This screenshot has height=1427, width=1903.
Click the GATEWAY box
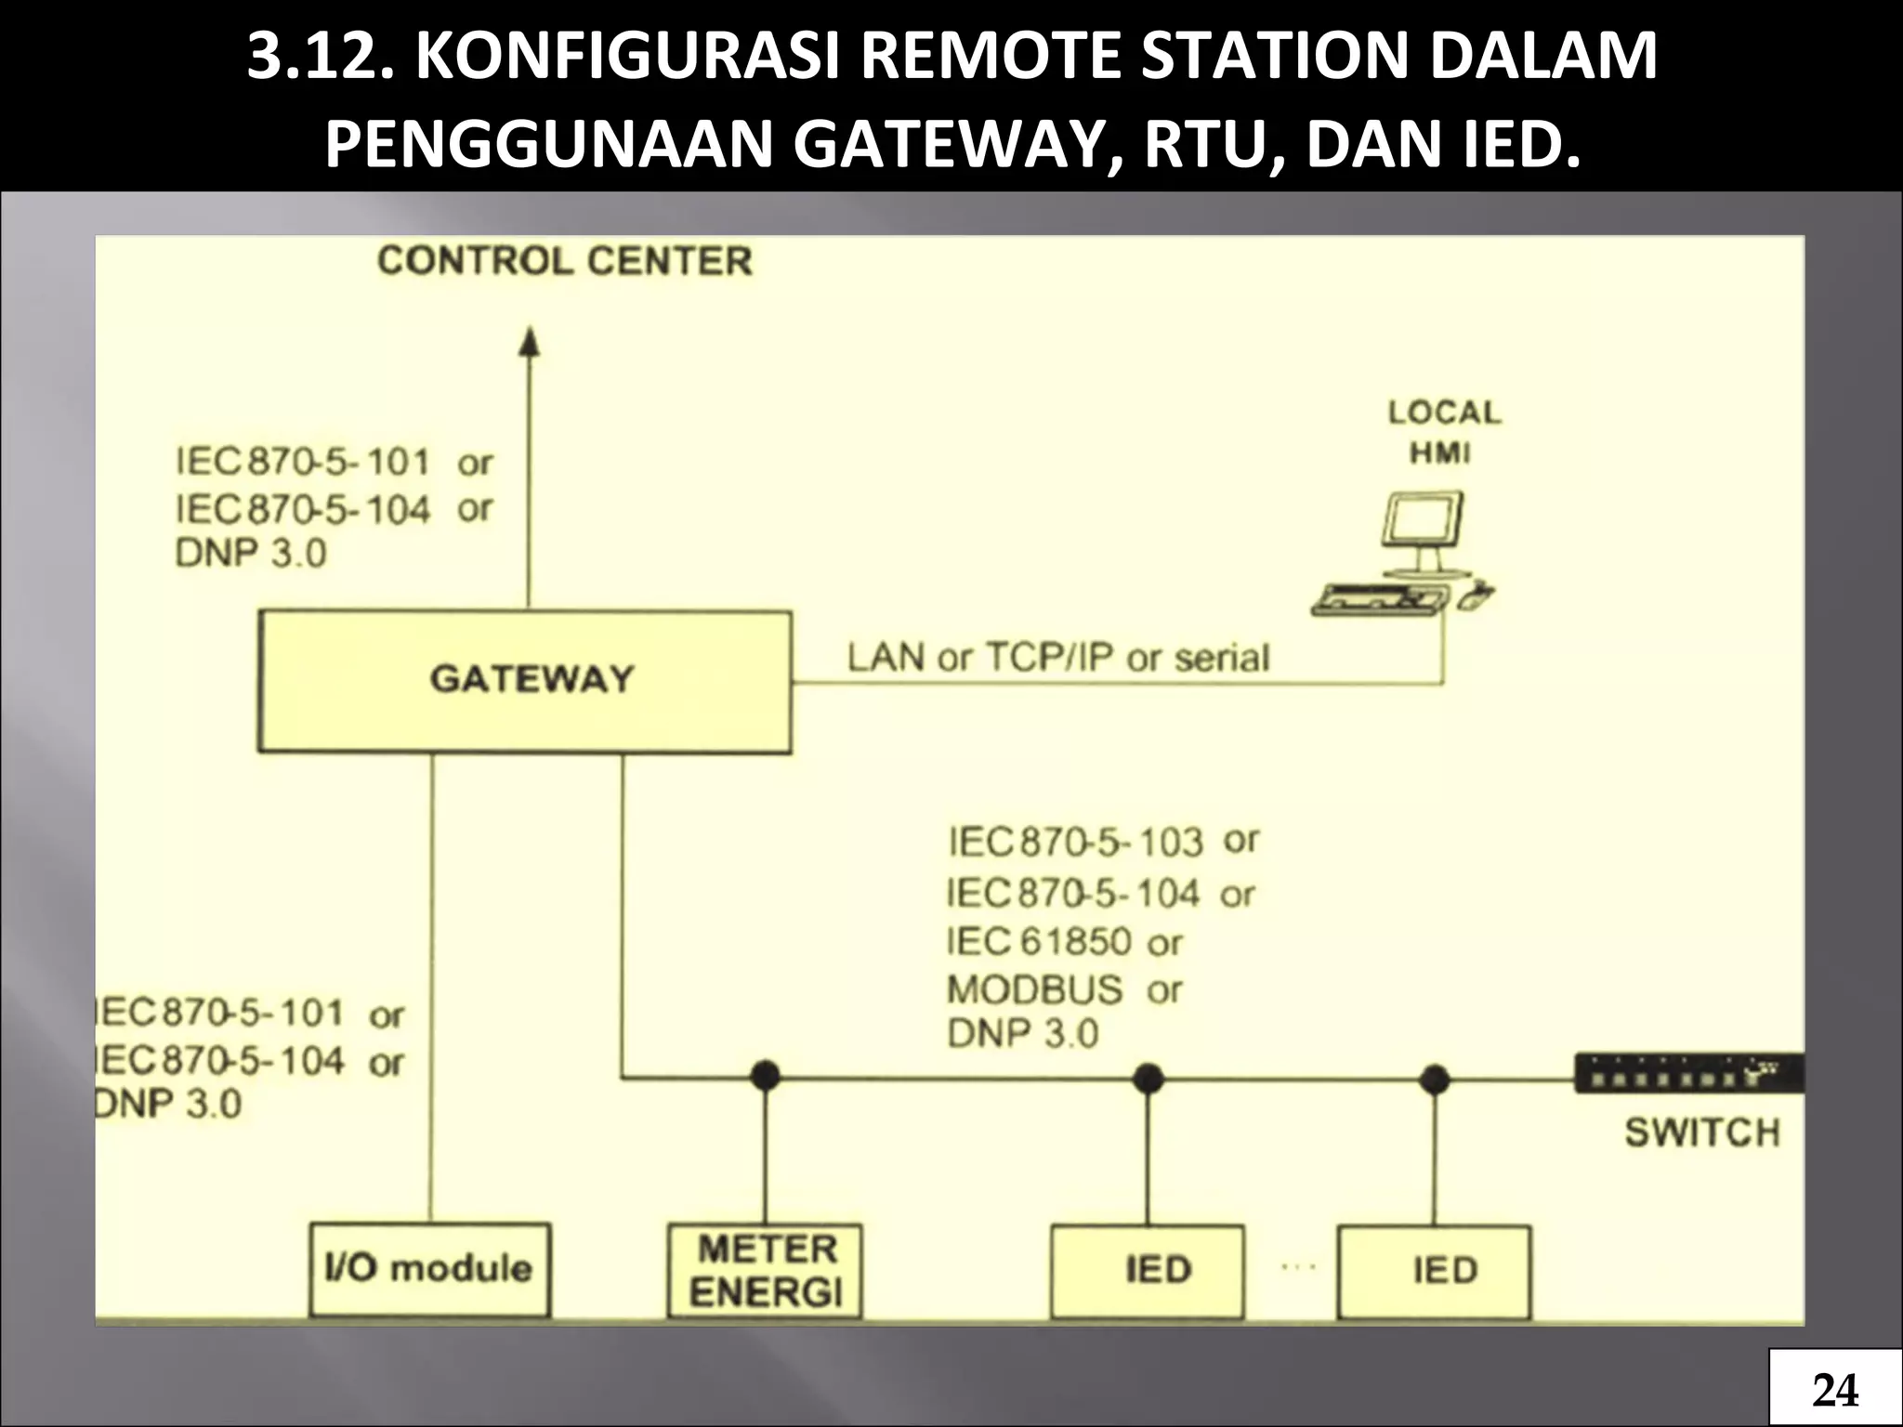[525, 681]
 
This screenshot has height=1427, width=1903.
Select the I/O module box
[429, 1269]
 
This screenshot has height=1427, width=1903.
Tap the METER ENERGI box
[766, 1271]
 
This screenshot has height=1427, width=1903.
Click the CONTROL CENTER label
[564, 261]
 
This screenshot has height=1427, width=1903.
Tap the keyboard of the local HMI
[1381, 599]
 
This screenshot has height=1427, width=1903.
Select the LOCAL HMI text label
[1443, 433]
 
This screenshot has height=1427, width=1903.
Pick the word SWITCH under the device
[1702, 1133]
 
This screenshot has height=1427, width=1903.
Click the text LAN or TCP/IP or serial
[1057, 658]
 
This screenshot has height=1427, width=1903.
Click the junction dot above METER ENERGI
[765, 1077]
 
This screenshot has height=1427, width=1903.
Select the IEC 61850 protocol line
[1063, 942]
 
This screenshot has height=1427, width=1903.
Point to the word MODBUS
[1034, 989]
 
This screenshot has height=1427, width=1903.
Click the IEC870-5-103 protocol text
[1075, 843]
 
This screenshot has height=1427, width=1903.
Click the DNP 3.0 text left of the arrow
[251, 554]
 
